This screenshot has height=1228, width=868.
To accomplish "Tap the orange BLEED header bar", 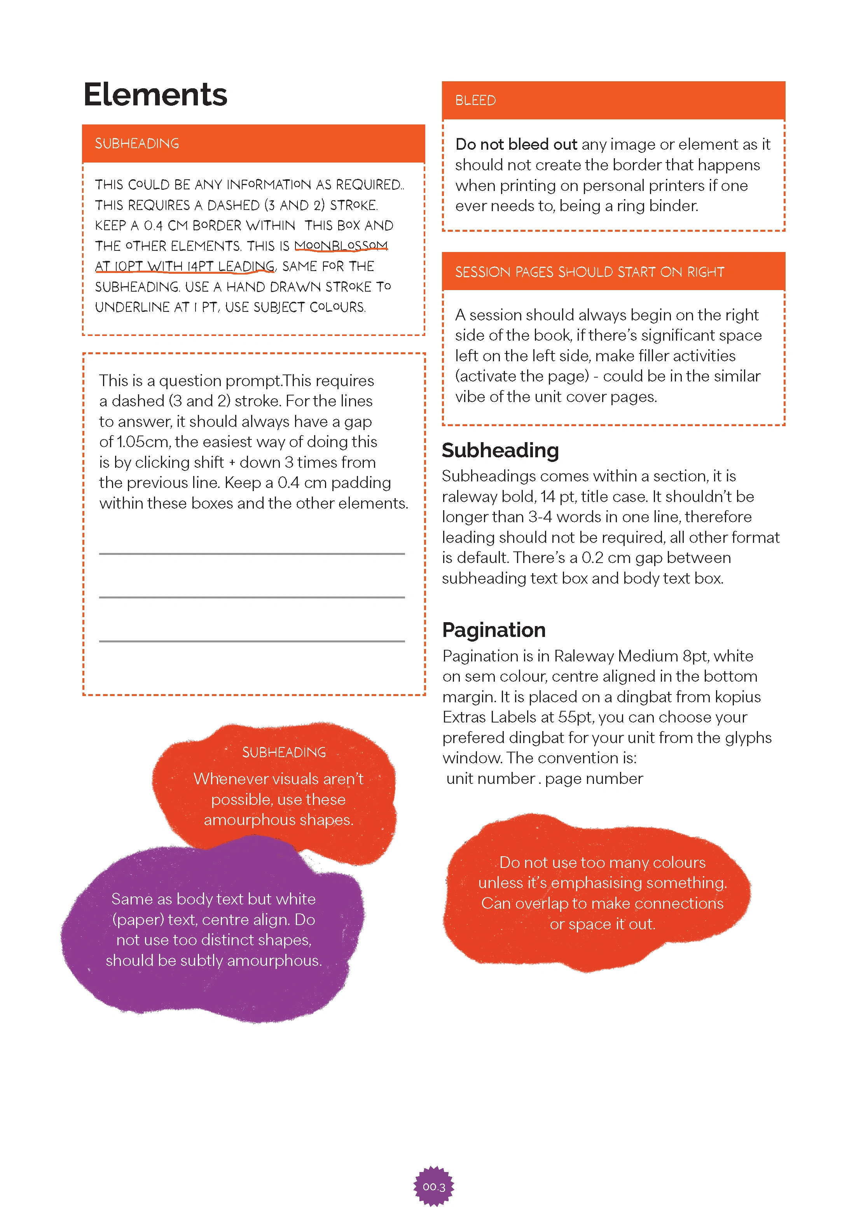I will click(x=613, y=101).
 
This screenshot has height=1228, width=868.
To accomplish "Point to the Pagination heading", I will click(x=493, y=630).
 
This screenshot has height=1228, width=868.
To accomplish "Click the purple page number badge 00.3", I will click(x=434, y=1186).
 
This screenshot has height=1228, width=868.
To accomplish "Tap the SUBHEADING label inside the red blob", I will click(x=284, y=752).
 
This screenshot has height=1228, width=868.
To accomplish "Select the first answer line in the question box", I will click(x=251, y=554).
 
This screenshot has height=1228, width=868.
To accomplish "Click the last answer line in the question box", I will click(x=251, y=641).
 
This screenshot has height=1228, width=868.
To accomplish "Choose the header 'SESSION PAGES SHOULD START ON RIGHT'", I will click(x=589, y=272).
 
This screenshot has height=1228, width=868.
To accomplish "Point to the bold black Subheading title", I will click(x=500, y=450).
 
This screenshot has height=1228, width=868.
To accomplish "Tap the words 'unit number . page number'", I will click(x=545, y=779).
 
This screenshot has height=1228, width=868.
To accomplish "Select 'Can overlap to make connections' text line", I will click(x=602, y=903).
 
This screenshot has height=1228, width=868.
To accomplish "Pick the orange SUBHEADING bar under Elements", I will click(x=253, y=143).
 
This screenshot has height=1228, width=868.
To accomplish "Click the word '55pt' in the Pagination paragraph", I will click(x=575, y=717).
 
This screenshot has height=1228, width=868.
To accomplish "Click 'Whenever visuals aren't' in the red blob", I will click(x=278, y=779).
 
